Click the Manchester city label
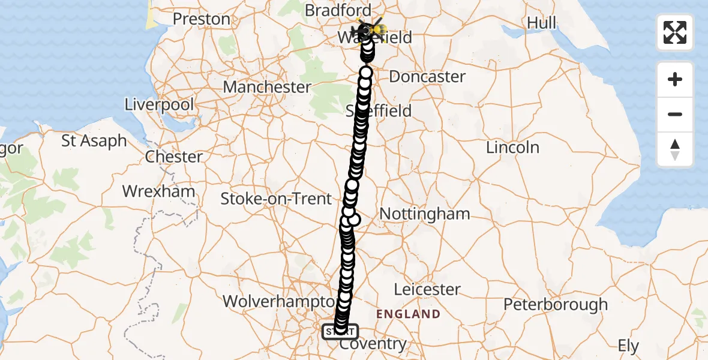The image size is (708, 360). [267, 87]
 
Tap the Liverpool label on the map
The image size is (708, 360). [159, 105]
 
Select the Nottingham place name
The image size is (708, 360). [425, 214]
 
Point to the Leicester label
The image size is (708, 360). [427, 289]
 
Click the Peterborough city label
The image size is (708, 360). [555, 305]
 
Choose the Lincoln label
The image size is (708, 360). [512, 148]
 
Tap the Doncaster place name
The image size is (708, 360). [427, 77]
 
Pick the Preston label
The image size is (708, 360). [202, 19]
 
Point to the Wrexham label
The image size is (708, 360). [159, 192]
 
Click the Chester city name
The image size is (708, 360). [175, 157]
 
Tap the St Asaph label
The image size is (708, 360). [94, 142]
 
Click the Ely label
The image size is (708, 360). [629, 346]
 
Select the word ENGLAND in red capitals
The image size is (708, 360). [408, 314]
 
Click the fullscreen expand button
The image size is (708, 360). [675, 32]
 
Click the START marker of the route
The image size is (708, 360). [340, 331]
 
